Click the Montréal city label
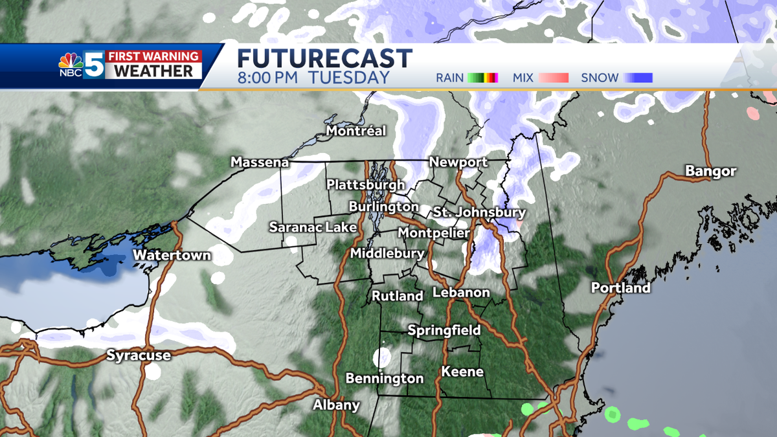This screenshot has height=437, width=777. [356, 131]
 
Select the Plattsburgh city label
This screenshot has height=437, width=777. [366, 185]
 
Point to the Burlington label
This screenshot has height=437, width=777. [383, 207]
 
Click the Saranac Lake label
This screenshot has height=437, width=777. [313, 227]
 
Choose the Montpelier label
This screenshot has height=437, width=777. [433, 232]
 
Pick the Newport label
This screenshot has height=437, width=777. [458, 162]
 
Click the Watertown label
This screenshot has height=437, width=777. [172, 255]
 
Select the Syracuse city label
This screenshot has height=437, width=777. [139, 355]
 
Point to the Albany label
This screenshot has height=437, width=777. [336, 405]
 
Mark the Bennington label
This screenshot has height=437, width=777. [384, 378]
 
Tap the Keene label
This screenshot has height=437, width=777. [462, 372]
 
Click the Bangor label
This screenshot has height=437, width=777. [711, 172]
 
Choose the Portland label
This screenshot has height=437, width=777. [620, 287]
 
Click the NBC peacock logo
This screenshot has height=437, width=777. [71, 63]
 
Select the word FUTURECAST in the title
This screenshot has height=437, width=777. [324, 58]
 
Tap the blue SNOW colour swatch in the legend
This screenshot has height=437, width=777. [638, 78]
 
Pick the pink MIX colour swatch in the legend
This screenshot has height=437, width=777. [554, 78]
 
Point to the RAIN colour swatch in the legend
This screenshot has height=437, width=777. [482, 78]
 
